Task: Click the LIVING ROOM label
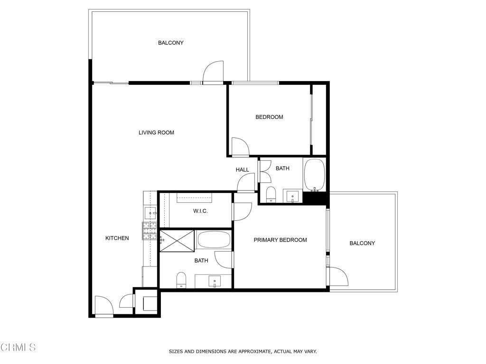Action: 156,133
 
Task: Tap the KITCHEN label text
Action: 117,238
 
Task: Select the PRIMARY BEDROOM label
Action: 280,240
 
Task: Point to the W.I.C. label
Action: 200,211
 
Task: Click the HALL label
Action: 242,170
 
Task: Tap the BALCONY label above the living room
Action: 170,43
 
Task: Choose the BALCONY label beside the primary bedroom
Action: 362,243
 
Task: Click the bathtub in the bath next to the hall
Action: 314,173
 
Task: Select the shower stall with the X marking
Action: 177,241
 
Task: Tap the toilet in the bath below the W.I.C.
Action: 181,280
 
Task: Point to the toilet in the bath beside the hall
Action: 271,194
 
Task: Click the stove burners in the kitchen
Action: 150,231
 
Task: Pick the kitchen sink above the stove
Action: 150,213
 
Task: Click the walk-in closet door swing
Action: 242,211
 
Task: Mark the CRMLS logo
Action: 18,347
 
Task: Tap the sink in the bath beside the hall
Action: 291,196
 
